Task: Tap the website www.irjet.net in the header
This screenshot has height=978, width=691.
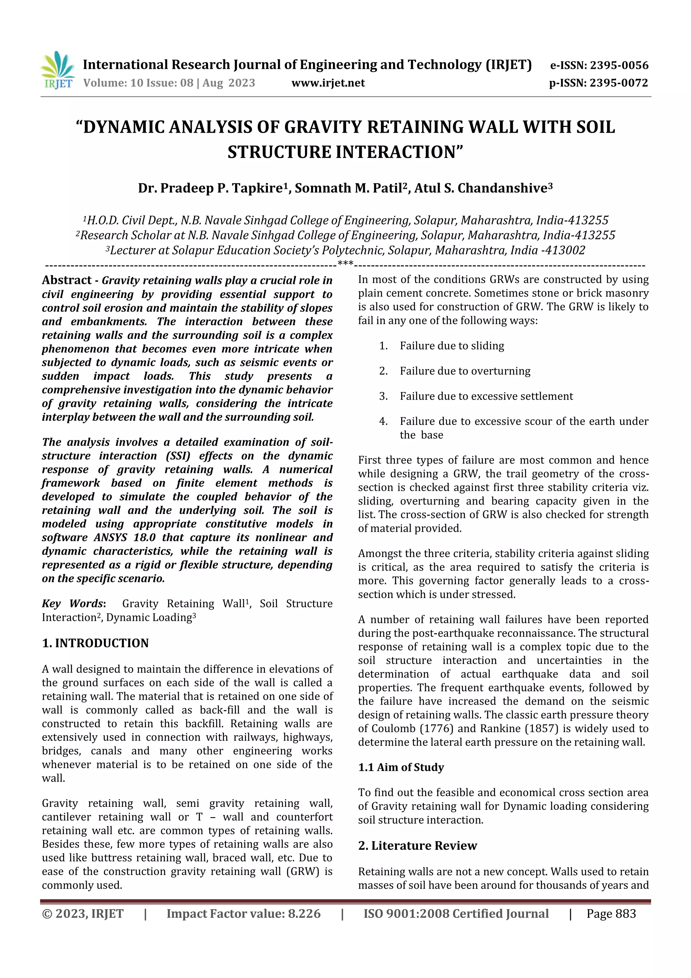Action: (328, 83)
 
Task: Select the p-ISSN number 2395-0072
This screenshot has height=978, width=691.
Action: (618, 83)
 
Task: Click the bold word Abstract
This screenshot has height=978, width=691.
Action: (66, 280)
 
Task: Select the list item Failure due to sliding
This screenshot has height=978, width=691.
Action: (452, 346)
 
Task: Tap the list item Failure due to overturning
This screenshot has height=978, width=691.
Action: (465, 371)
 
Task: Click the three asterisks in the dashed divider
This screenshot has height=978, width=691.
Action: (345, 264)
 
